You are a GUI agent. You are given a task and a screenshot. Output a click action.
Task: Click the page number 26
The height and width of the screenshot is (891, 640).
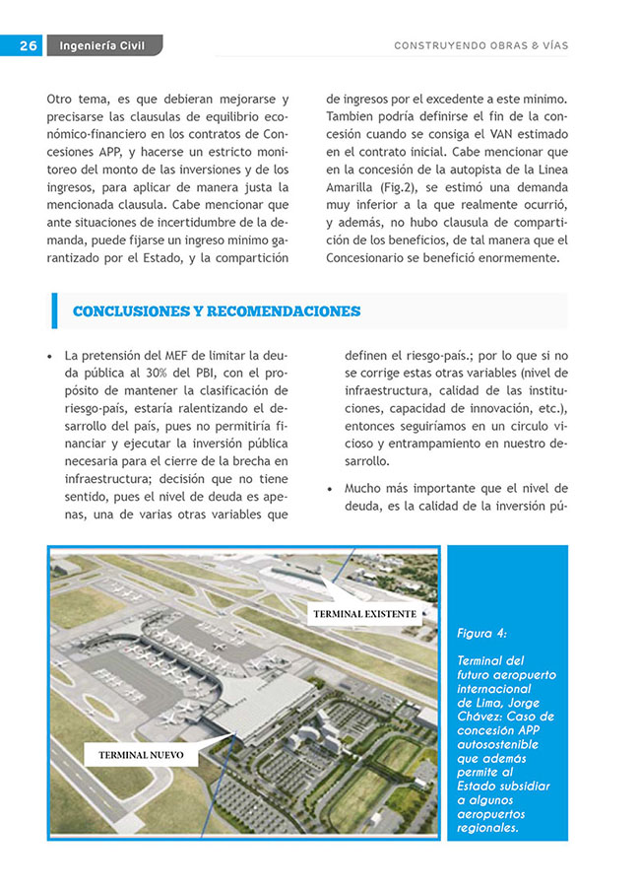point(28,45)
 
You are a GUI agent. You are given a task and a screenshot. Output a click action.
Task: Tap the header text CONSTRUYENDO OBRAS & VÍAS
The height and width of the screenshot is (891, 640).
point(480,45)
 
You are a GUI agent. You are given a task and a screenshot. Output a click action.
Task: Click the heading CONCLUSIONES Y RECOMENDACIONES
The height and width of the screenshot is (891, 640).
point(217,311)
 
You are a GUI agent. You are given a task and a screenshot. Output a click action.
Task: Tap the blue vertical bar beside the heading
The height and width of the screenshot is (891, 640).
point(54,311)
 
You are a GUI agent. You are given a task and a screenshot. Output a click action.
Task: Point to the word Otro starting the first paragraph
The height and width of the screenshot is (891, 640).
point(62,99)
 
